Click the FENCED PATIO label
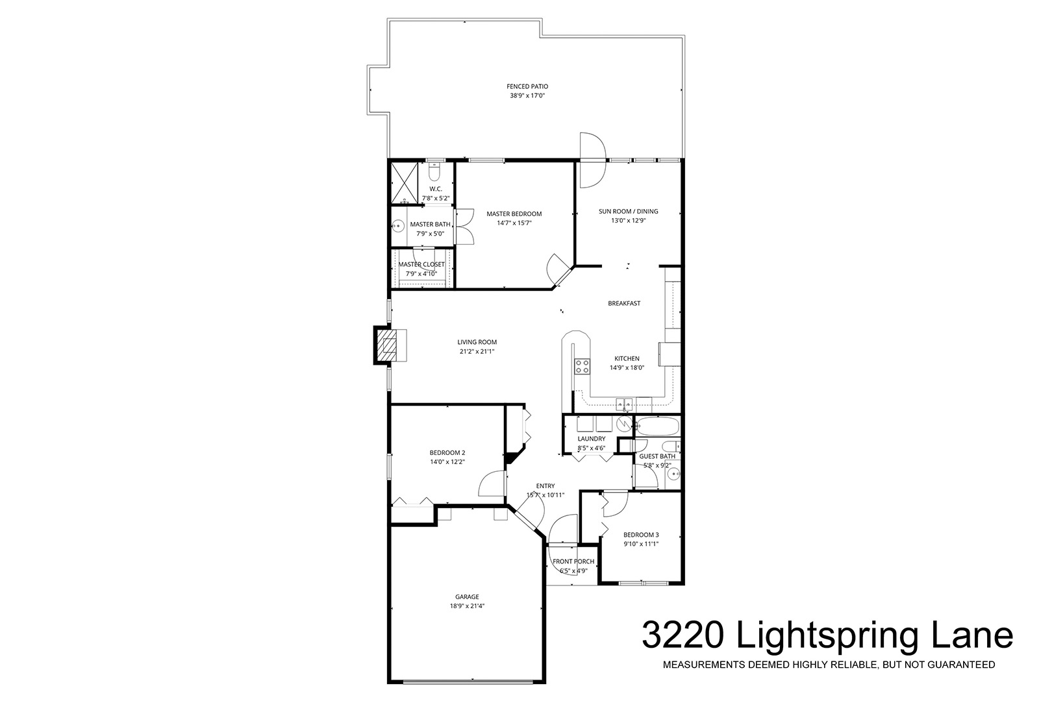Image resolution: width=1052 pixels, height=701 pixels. pos(527,86)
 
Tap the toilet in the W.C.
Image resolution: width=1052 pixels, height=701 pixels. pos(434,172)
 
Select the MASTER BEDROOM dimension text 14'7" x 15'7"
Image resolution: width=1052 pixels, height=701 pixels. pos(514,223)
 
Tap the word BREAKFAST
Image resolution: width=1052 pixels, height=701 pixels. pos(624,303)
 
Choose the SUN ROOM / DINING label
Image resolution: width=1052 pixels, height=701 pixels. pos(629,212)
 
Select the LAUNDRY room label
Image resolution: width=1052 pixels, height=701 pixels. pos(592,439)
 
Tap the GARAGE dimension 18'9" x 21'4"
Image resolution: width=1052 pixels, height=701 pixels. pos(467,606)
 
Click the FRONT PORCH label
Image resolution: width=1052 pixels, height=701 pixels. pos(573,561)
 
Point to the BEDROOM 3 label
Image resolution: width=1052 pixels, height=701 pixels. pos(641,535)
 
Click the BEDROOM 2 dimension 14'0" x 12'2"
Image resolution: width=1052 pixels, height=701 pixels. pos(447,462)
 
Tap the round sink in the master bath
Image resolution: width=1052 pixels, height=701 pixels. pos(398,227)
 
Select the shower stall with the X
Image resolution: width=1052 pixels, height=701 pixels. pos(404,183)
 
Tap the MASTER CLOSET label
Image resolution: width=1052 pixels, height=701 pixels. pos(421,264)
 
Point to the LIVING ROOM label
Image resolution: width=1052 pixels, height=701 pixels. pos(477,342)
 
